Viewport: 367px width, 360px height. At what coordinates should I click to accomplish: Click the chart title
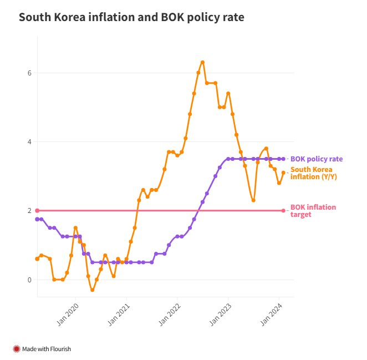[131, 17]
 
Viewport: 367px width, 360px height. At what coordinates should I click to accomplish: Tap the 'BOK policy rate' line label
[316, 159]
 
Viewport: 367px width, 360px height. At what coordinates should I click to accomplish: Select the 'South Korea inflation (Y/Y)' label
[314, 173]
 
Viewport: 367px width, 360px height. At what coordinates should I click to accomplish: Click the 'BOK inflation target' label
[313, 210]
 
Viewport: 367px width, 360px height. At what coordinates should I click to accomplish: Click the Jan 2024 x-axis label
[271, 312]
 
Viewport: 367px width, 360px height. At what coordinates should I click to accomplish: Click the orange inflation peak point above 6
[202, 62]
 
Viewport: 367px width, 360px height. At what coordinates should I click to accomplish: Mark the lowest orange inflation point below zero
[92, 290]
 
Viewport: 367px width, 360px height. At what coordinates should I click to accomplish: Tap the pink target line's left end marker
[37, 210]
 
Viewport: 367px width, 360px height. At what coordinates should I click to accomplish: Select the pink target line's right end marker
[283, 210]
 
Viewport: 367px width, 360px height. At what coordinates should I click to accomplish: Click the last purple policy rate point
[283, 159]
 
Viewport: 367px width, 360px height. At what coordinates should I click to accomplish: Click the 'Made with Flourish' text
[47, 349]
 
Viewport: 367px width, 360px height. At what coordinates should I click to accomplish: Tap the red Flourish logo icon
[16, 349]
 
